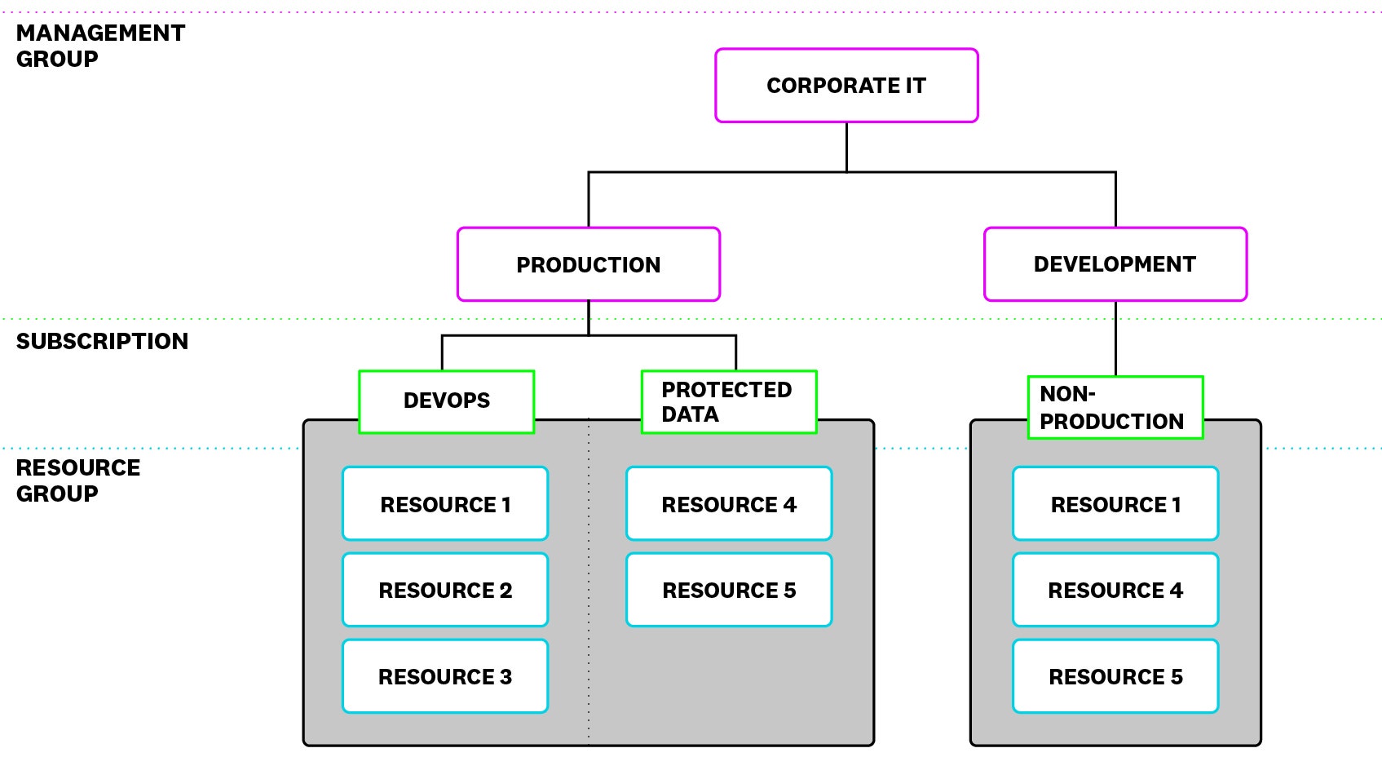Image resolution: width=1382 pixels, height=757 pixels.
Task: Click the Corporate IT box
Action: [846, 86]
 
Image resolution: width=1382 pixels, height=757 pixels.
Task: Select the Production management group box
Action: [588, 264]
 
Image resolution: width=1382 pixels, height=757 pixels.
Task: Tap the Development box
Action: [1115, 264]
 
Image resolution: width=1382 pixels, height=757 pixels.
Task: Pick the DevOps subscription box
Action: [446, 401]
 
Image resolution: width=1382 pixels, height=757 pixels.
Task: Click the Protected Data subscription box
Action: [728, 401]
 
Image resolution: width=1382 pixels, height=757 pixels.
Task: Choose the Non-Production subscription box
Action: [1115, 407]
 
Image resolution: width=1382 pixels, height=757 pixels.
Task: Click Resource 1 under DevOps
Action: [445, 504]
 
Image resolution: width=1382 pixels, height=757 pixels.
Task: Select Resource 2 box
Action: [445, 590]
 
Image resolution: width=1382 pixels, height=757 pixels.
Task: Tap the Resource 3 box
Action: [445, 676]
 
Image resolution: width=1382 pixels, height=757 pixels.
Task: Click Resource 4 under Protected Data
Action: [729, 504]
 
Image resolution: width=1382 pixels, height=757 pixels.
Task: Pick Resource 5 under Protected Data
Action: [729, 590]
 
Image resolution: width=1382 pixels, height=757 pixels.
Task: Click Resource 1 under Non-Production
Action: [1115, 504]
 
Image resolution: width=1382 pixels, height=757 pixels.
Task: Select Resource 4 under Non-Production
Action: [1115, 590]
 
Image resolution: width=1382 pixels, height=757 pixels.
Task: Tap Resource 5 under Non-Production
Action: [1115, 676]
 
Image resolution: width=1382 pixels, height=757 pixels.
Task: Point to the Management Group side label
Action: [100, 46]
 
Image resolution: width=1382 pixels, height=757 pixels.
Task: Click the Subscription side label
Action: [102, 341]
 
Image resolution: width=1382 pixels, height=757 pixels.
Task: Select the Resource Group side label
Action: [77, 480]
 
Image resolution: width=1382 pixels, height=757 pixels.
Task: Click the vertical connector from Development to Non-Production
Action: [1115, 339]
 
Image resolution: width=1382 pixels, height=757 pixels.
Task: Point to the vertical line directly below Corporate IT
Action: [846, 147]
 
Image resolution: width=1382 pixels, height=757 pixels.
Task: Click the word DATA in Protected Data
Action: [690, 414]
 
